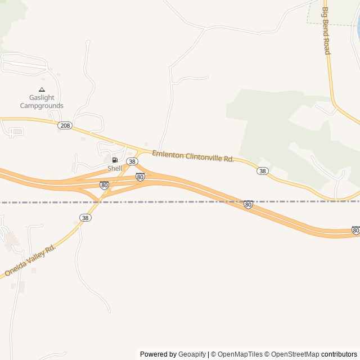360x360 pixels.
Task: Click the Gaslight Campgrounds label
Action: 42,101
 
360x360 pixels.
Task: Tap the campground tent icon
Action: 42,89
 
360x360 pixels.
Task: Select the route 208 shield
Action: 65,125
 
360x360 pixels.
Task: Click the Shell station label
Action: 115,168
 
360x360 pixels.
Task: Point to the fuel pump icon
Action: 115,160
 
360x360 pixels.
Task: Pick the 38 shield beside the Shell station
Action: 132,161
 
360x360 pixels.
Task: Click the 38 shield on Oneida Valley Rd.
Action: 85,218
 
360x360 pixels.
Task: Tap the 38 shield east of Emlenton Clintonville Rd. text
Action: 262,170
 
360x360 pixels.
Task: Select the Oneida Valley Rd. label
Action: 30,260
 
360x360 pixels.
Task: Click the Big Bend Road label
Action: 326,31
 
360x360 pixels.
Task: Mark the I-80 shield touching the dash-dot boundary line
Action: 248,204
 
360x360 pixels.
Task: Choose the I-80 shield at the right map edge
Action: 355,230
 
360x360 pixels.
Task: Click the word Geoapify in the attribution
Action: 192,354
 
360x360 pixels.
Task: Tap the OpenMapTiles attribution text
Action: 240,354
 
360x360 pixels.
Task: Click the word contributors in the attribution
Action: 339,354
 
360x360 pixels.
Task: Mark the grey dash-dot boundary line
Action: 169,201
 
